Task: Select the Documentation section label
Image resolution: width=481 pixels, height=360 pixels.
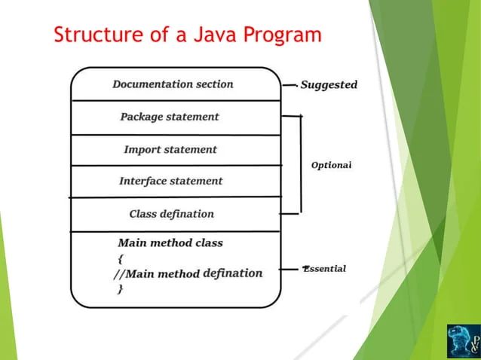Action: coord(173,84)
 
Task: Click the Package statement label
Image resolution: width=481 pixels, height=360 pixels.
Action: coord(170,117)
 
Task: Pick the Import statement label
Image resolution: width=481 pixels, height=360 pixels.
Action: coord(170,150)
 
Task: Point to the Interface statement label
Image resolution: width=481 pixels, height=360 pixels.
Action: coord(171,181)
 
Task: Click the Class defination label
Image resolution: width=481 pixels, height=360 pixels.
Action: coord(171,214)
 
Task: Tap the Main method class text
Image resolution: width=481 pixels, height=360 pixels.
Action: coord(170,243)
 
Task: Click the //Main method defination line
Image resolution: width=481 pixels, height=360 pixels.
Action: coord(188,273)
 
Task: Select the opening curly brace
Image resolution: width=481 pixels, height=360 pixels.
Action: coord(120,258)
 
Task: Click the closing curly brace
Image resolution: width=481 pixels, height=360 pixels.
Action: coord(120,289)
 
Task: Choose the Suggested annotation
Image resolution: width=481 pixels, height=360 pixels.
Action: coord(329,85)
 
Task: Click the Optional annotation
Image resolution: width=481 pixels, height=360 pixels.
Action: coord(332,164)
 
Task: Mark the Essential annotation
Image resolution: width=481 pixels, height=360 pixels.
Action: coord(325,269)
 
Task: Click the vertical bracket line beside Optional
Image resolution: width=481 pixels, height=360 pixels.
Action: coord(301,164)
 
